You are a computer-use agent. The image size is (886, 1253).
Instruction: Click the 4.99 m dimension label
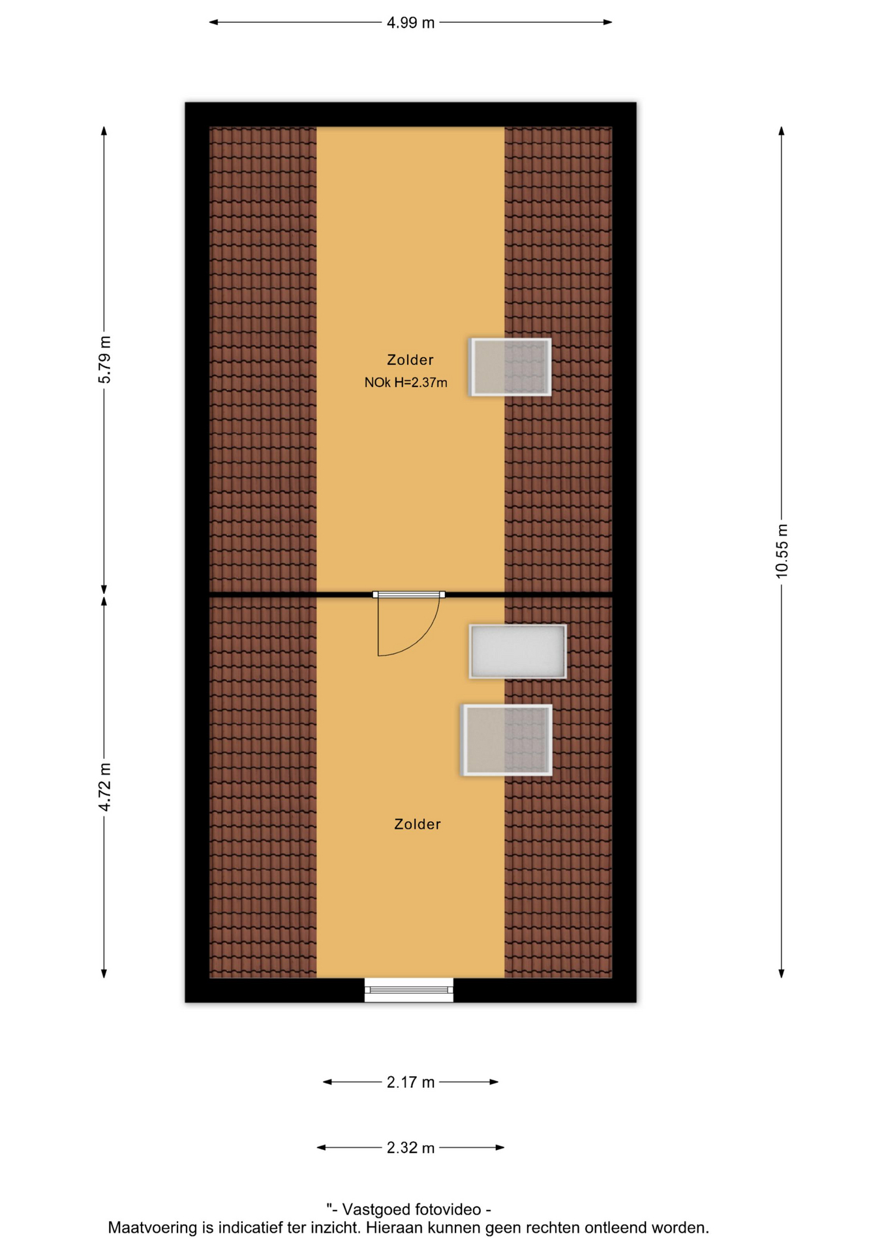point(410,23)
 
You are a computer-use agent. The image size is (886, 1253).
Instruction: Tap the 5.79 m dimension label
point(104,360)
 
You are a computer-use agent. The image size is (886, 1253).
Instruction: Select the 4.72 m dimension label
point(104,787)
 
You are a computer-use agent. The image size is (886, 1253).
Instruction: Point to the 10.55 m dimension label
point(782,551)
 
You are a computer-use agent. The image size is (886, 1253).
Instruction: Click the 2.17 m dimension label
point(410,1083)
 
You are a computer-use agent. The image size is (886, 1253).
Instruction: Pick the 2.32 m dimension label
point(410,1148)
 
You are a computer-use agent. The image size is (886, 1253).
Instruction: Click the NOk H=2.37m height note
point(406,383)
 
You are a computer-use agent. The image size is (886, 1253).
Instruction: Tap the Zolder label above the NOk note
point(410,360)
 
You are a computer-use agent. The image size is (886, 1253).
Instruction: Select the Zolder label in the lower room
point(417,824)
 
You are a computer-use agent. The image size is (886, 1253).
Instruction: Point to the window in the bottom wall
point(408,990)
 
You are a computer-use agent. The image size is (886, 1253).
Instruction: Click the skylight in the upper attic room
point(510,367)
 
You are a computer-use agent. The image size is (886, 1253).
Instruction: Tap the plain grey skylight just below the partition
point(517,651)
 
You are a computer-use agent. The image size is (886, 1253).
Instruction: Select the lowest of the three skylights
point(506,740)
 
